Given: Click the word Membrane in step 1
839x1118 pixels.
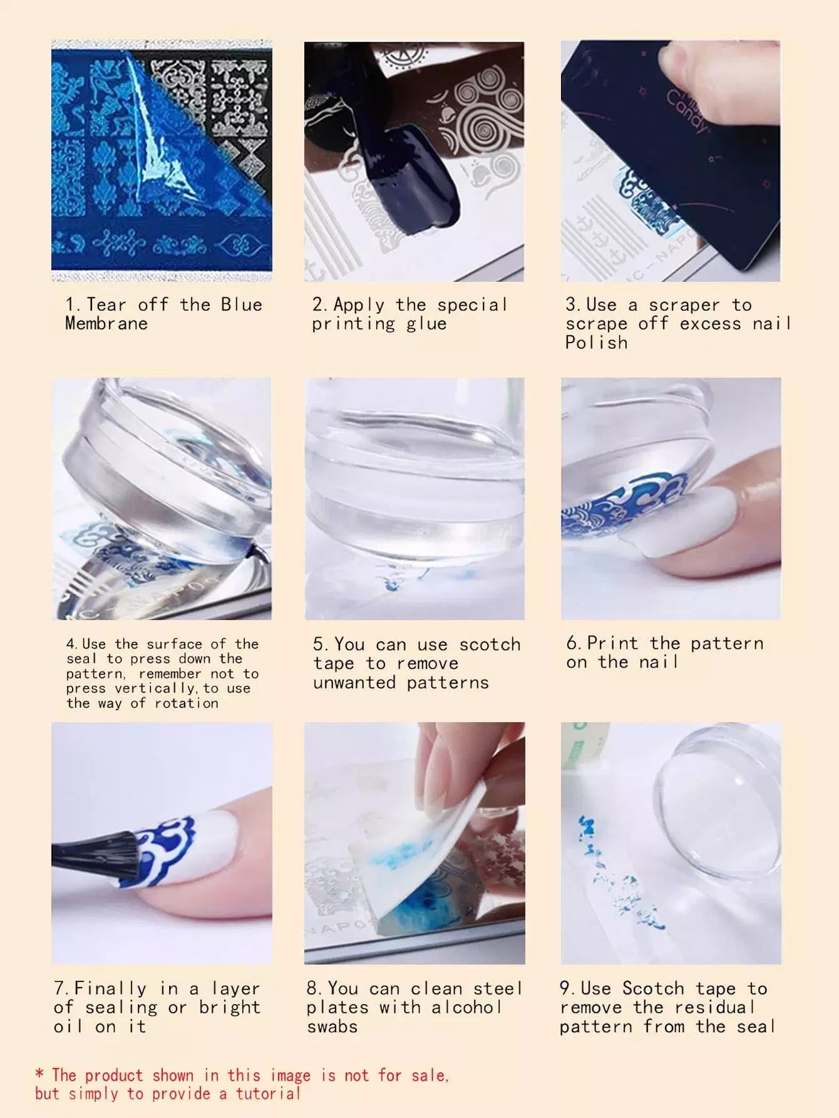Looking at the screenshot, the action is (106, 323).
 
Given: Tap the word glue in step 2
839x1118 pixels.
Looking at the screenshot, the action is (426, 324).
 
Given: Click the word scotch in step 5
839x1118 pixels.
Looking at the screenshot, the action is (490, 644).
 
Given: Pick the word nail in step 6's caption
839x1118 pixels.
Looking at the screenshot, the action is (659, 662).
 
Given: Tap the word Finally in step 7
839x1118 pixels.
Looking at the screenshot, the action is (110, 989).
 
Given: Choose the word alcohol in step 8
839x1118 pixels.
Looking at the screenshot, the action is (466, 1008).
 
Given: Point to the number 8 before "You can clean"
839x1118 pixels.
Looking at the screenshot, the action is (312, 989).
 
